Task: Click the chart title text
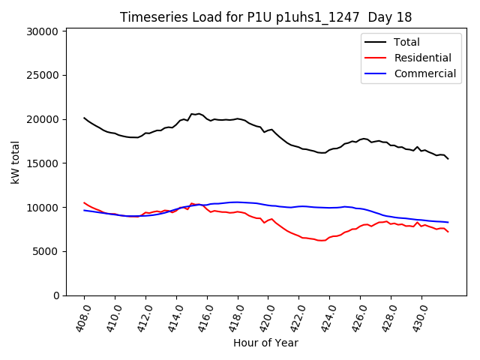[x=265, y=17]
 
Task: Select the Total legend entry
[x=406, y=42]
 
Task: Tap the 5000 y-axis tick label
[x=46, y=252]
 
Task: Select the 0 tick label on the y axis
[x=55, y=295]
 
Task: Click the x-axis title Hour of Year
[x=265, y=343]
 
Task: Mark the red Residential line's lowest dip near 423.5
[x=322, y=241]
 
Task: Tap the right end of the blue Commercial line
[x=448, y=222]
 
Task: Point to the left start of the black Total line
[x=84, y=118]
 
